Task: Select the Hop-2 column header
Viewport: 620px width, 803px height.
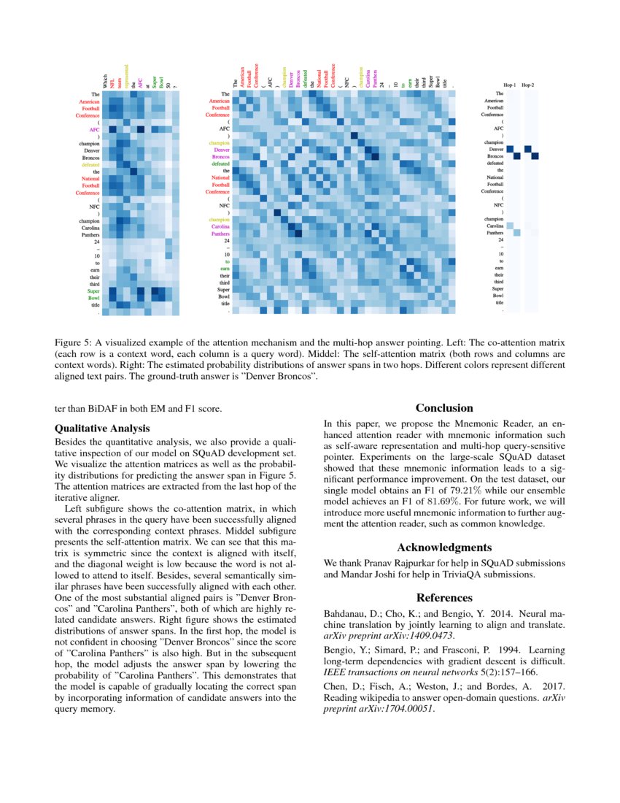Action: (527, 85)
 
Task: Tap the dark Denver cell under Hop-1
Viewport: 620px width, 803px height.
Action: (510, 149)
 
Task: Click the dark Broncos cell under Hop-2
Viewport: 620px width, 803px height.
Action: (535, 156)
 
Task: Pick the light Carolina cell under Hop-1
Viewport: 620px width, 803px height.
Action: (510, 226)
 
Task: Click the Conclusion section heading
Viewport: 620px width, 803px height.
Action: (444, 408)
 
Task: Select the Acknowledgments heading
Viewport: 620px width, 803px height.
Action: (444, 547)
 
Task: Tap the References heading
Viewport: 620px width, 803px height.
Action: (444, 599)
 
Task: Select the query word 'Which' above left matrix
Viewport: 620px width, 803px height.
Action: (105, 80)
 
